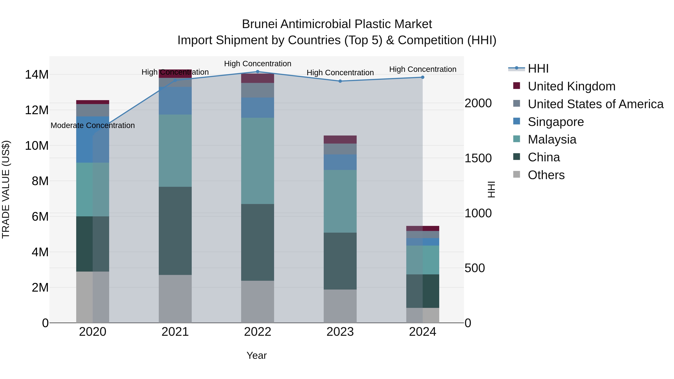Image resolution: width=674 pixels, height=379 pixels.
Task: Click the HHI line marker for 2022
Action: pyautogui.click(x=257, y=72)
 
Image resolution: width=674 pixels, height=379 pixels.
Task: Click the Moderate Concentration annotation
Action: pyautogui.click(x=93, y=126)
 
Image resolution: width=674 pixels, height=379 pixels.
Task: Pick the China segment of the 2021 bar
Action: pyautogui.click(x=175, y=231)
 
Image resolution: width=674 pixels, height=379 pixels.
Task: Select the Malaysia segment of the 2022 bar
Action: pyautogui.click(x=257, y=161)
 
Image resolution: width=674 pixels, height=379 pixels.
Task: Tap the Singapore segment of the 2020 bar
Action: pyautogui.click(x=93, y=139)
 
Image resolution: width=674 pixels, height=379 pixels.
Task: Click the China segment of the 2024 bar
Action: pyautogui.click(x=423, y=291)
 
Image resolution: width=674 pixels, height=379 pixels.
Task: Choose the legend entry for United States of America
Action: pyautogui.click(x=595, y=104)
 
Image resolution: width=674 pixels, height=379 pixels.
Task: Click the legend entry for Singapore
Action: pyautogui.click(x=555, y=122)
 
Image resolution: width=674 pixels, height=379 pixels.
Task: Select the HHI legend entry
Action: pyautogui.click(x=538, y=69)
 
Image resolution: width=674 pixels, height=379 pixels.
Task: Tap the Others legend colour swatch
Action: pyautogui.click(x=517, y=174)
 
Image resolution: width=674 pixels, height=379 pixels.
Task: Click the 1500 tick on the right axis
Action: pyautogui.click(x=478, y=158)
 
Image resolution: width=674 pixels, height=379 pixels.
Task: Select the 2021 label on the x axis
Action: pyautogui.click(x=175, y=332)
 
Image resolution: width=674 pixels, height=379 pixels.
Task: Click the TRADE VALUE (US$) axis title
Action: pyautogui.click(x=6, y=189)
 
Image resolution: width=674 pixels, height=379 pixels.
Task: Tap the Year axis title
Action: pyautogui.click(x=256, y=355)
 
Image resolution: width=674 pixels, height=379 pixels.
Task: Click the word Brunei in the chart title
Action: pyautogui.click(x=259, y=24)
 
